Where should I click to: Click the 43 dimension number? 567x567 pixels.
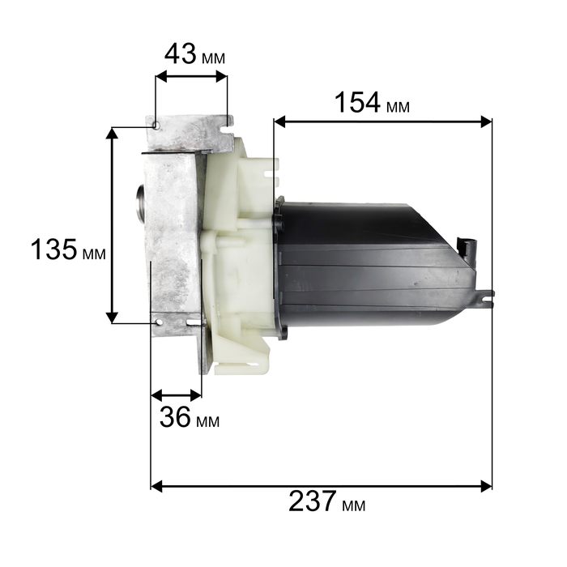181,54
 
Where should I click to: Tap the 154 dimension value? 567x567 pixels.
357,102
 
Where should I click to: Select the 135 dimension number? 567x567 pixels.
54,249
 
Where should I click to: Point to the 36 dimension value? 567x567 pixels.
175,416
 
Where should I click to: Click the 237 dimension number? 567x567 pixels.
313,501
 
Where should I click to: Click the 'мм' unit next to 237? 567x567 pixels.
354,505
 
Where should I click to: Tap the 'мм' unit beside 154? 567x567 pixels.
398,107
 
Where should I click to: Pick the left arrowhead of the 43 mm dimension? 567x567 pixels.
161,76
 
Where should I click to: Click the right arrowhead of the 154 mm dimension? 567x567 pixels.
486,122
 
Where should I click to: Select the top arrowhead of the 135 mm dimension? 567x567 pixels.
112,134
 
